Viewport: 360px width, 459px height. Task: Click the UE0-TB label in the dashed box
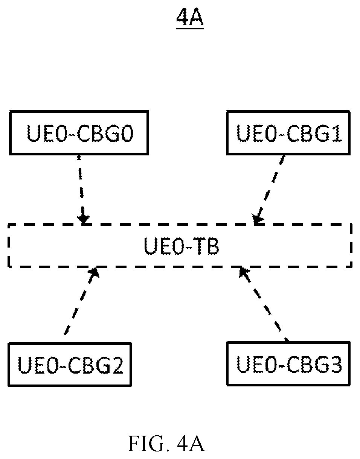[x=182, y=246]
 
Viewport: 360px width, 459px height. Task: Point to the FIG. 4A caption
[x=166, y=443]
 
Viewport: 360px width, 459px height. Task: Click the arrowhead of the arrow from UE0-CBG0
[x=83, y=219]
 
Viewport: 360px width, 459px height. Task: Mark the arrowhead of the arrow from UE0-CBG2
[x=94, y=273]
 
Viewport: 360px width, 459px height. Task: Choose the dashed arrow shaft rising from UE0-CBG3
[x=266, y=306]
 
